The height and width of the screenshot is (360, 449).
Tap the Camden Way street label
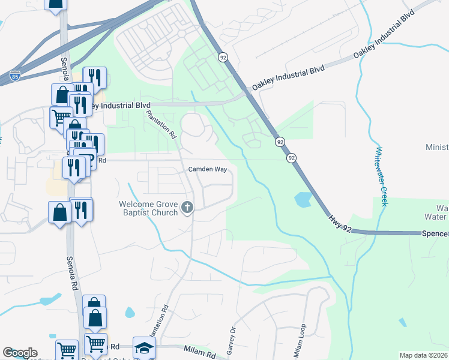pos(208,170)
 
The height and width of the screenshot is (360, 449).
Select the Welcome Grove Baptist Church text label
pos(148,208)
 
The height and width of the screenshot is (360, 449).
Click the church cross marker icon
pos(187,208)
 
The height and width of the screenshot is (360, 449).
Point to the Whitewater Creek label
pos(381,176)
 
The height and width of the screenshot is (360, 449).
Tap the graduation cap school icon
pos(144,348)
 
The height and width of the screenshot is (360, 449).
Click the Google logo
pos(20,353)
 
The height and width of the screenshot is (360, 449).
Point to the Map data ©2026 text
pos(424,355)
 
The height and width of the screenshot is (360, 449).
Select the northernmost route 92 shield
pos(223,57)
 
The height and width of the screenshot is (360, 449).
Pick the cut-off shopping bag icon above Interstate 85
pos(55,5)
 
